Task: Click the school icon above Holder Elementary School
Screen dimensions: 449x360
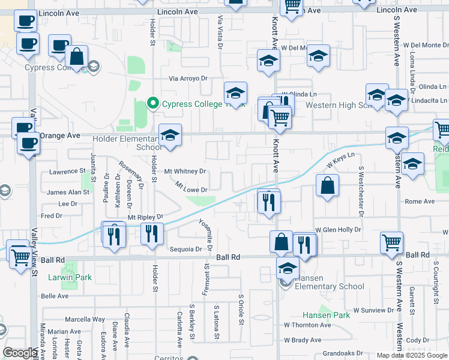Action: tap(170, 135)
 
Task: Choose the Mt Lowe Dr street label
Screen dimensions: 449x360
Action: tap(191, 190)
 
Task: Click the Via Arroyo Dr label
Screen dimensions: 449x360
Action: tap(188, 79)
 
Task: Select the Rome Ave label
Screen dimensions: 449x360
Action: tap(420, 202)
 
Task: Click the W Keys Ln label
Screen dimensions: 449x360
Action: tap(337, 162)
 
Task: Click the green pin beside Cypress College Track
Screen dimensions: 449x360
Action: tap(153, 104)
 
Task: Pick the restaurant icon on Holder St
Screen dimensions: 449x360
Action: tap(152, 232)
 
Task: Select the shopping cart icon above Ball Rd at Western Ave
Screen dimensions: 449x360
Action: tap(391, 242)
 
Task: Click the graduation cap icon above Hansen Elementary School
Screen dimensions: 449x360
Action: tap(288, 268)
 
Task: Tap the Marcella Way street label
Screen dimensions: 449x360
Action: tap(85, 319)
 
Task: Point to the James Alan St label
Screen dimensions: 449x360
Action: tap(68, 193)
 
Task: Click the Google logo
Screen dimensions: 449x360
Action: tap(20, 353)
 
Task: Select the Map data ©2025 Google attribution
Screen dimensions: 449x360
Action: tap(411, 355)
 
